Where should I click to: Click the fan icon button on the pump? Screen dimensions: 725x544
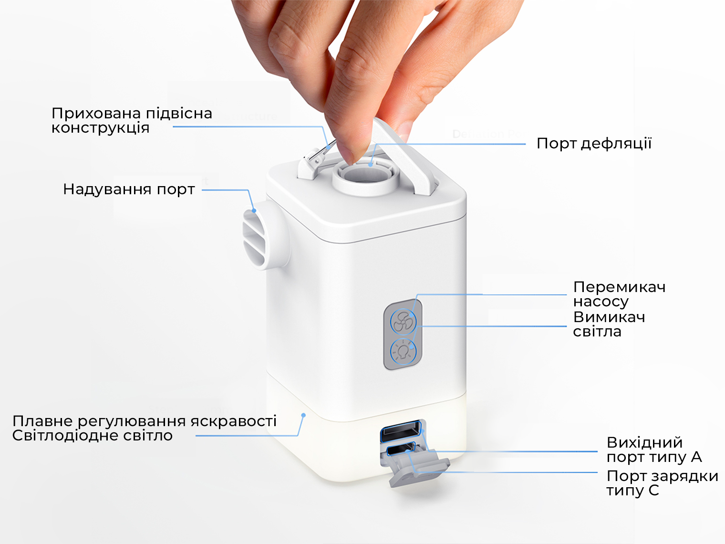403,321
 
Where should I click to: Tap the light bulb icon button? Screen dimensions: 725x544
403,351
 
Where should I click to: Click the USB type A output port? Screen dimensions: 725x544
401,431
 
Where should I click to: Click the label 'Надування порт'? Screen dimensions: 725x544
129,189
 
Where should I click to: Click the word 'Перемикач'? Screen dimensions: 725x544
619,287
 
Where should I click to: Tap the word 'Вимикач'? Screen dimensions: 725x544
609,317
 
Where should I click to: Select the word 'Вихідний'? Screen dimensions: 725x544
644,443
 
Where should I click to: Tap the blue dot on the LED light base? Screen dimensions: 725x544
303,415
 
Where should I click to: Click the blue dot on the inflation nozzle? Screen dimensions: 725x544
254,210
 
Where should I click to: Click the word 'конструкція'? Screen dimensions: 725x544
101,128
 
